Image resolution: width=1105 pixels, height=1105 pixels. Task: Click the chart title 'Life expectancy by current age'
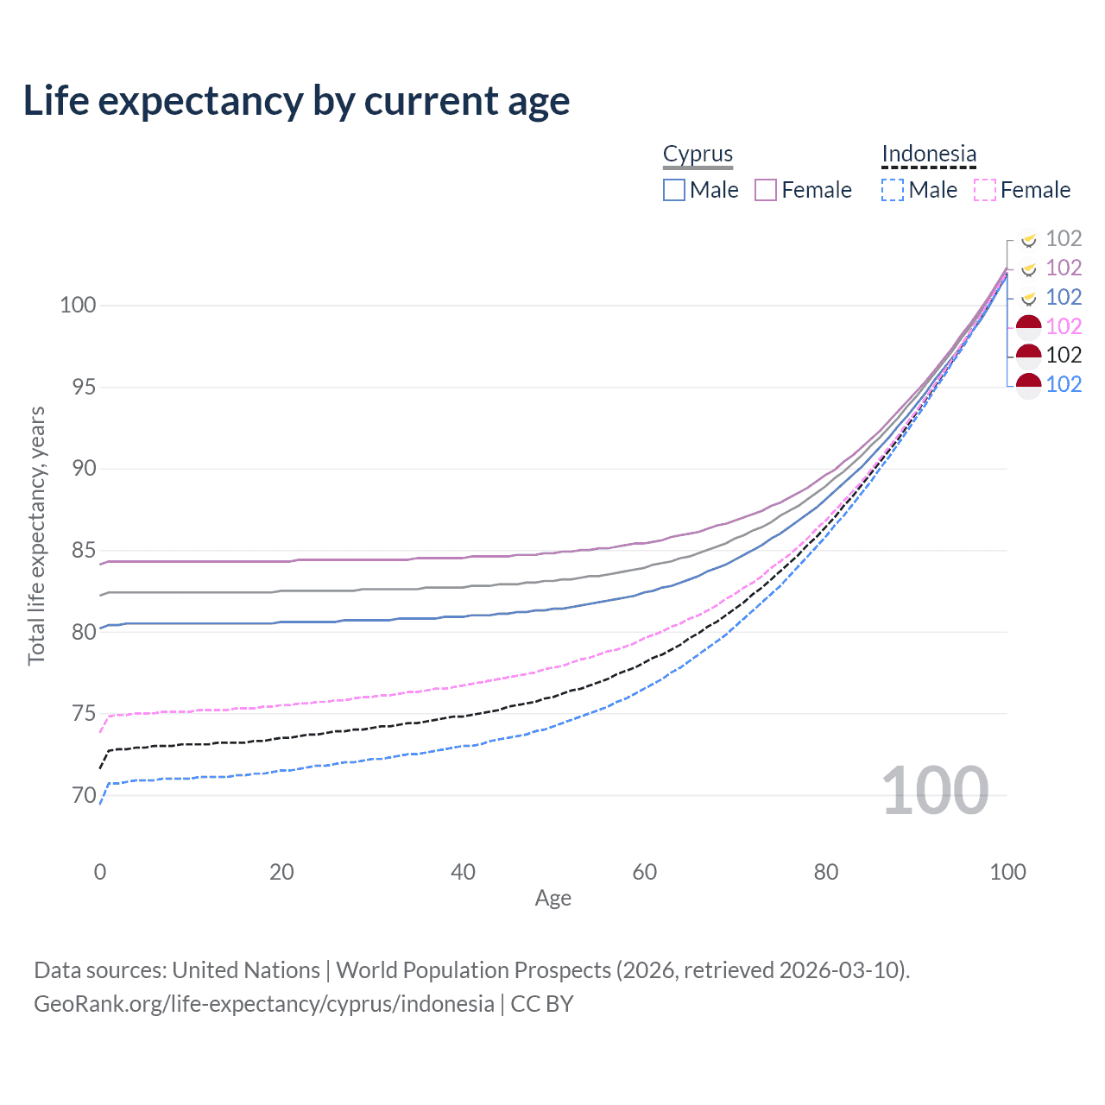coord(296,101)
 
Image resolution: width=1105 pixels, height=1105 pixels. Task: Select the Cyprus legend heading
coord(698,154)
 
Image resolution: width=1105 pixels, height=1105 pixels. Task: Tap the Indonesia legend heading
coord(929,154)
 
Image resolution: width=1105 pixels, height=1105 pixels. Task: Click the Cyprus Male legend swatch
coord(674,190)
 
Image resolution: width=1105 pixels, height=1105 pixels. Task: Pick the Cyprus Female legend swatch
coord(766,190)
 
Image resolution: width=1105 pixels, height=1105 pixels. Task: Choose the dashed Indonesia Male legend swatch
coord(893,190)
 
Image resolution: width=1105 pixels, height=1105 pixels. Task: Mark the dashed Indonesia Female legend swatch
coord(985,190)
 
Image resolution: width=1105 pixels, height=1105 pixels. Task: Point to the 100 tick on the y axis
coord(78,305)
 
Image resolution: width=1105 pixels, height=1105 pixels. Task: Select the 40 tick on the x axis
coord(463,872)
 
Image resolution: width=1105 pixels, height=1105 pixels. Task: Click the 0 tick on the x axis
coord(100,872)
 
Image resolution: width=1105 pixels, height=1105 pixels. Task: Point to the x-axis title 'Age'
coord(552,899)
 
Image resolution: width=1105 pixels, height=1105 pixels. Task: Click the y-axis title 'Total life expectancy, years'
coord(36,536)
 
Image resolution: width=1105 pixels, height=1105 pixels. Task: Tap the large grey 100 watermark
coord(935,791)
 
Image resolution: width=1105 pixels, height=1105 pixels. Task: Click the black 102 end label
coord(1064,355)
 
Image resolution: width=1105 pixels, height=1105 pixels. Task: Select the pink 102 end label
coord(1064,326)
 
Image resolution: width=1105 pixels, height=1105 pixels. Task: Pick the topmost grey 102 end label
coord(1064,238)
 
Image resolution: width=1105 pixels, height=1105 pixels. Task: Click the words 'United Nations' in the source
coord(246,970)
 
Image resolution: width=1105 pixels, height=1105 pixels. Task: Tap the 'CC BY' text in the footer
coord(542,1004)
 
